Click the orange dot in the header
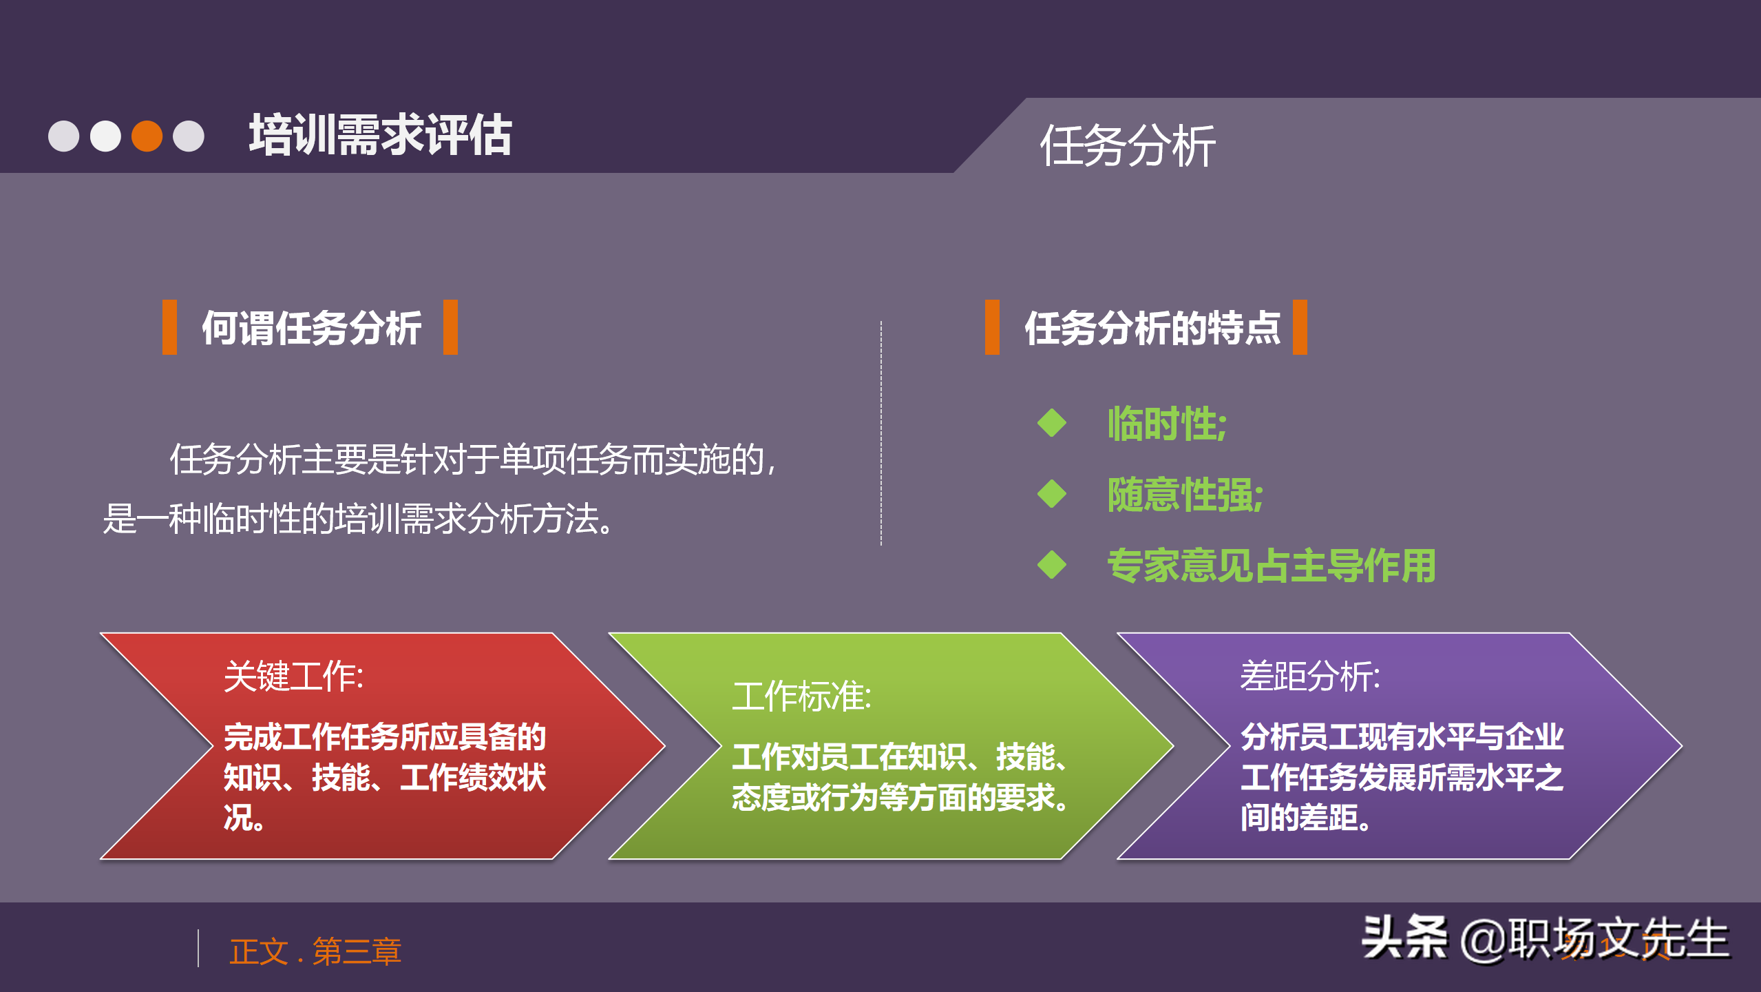coord(147,136)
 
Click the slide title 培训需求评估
coord(380,135)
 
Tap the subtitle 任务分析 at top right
coord(1127,146)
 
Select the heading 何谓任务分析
coord(311,328)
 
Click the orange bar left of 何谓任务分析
coord(169,327)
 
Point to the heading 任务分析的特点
coord(1152,328)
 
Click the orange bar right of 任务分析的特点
coord(1300,327)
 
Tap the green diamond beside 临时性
coord(1051,422)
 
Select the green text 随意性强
coord(1184,494)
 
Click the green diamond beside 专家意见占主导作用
coord(1051,565)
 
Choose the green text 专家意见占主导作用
coord(1271,565)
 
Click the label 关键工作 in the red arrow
coord(293,676)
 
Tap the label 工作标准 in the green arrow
coord(801,696)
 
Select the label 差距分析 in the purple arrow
coord(1309,676)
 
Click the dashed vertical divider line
coord(881,434)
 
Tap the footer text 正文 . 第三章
coord(315,951)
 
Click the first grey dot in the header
coord(63,136)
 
